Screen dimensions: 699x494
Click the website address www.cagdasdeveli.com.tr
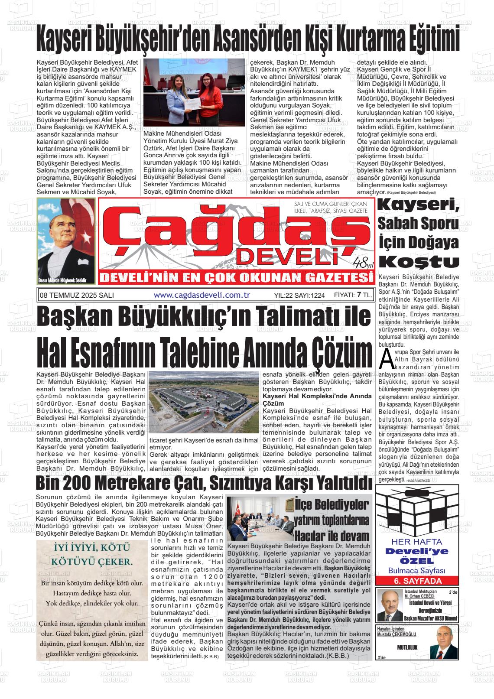(x=202, y=295)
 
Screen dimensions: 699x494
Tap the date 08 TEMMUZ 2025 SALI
(x=76, y=295)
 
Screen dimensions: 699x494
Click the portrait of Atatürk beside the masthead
(x=66, y=241)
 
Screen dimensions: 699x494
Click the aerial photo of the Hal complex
(x=204, y=403)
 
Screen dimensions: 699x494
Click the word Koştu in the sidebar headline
(x=419, y=261)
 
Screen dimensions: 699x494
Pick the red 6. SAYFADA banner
(x=416, y=581)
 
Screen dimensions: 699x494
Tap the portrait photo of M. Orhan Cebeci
(x=389, y=605)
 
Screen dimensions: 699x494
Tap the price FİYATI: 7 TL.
(x=353, y=295)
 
